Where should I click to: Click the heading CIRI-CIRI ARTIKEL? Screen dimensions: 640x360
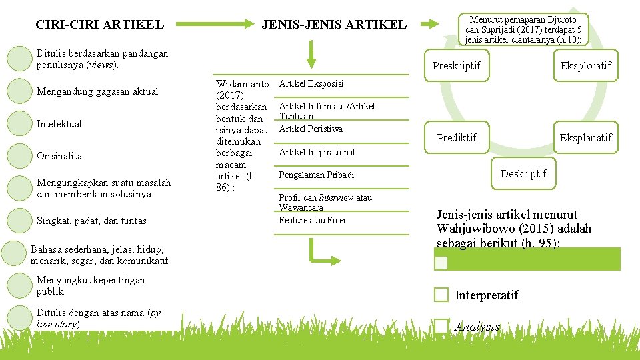(x=99, y=25)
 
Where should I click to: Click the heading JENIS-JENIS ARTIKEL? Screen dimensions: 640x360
(x=334, y=25)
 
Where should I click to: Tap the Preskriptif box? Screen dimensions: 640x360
(x=457, y=66)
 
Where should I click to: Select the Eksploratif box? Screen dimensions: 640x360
(x=585, y=66)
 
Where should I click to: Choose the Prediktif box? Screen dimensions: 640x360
(x=457, y=138)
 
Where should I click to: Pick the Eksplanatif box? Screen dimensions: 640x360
(x=585, y=138)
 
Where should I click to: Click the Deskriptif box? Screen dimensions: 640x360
(x=523, y=173)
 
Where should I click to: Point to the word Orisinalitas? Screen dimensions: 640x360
(x=61, y=156)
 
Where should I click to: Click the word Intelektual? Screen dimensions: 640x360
(x=59, y=124)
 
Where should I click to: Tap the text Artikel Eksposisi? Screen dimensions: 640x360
(x=311, y=84)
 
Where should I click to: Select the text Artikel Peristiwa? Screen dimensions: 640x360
(x=311, y=129)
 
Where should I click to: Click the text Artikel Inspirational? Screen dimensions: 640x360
(x=317, y=153)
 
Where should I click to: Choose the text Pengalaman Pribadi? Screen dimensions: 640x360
(x=317, y=175)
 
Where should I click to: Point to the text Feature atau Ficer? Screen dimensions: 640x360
(x=313, y=221)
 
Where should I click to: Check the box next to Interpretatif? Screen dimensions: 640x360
(x=441, y=295)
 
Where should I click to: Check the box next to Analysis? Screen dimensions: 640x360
(x=441, y=326)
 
